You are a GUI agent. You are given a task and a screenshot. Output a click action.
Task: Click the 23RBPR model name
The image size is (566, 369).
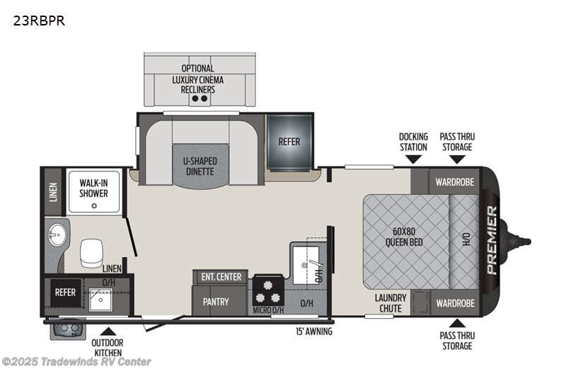(x=39, y=21)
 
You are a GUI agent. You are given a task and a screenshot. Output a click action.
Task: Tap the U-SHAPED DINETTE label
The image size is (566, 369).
(x=200, y=166)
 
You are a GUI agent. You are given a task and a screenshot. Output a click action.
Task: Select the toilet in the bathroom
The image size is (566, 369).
(x=92, y=253)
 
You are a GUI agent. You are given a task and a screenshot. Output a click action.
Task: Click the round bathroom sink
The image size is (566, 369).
(x=57, y=234)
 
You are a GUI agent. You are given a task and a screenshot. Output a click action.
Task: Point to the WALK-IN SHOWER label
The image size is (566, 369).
(x=93, y=188)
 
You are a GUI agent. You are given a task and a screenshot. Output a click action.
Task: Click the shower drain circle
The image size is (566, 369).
(x=94, y=206)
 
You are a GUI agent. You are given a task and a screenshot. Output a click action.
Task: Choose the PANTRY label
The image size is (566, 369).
(x=216, y=302)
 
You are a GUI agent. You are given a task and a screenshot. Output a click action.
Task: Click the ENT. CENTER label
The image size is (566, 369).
(x=221, y=277)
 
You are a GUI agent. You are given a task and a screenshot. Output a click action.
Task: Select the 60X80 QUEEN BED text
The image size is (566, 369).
(x=404, y=237)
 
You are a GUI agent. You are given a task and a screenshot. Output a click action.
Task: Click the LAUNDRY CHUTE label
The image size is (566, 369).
(x=391, y=303)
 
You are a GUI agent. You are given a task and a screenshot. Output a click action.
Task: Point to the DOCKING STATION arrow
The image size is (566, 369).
(x=414, y=159)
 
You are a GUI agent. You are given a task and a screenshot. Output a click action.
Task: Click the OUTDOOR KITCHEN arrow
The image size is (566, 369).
(x=108, y=331)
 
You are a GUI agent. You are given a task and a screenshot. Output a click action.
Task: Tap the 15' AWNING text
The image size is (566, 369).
(x=314, y=331)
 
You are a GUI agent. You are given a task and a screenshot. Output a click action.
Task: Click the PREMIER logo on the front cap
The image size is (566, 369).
(x=492, y=240)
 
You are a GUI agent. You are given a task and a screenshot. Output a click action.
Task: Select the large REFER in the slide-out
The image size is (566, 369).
(x=289, y=142)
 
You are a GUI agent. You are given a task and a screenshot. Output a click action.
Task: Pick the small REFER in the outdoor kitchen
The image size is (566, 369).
(x=65, y=292)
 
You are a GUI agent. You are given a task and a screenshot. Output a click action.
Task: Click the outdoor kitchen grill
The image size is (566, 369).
(x=67, y=329)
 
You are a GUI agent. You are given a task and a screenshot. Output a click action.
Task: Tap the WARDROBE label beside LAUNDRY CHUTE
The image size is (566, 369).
(x=456, y=303)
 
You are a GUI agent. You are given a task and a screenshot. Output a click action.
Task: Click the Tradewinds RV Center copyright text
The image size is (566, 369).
(x=76, y=361)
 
